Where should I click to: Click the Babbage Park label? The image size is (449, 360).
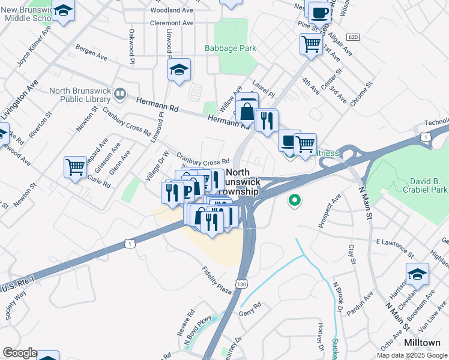pos(231,48)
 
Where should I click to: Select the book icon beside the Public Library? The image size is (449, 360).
pos(120,94)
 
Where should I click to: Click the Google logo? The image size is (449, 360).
pos(19,353)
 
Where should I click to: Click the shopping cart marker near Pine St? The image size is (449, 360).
pos(311,43)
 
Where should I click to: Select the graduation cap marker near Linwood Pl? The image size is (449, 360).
pos(179,70)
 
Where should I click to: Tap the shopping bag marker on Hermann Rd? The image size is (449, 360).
pos(247,111)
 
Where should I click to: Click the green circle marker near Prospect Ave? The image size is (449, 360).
pos(294,200)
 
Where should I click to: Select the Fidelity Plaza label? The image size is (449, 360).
pos(217,280)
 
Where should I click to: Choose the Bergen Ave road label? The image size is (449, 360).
pos(92,53)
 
